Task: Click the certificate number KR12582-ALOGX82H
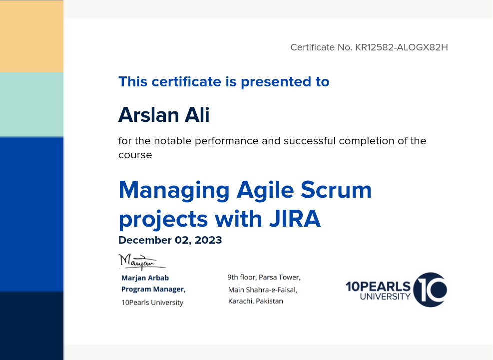click(x=402, y=47)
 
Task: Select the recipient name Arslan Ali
click(x=164, y=114)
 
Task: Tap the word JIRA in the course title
click(x=295, y=219)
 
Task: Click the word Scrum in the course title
click(x=336, y=190)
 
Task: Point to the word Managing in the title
click(x=174, y=191)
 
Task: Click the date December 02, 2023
click(x=170, y=240)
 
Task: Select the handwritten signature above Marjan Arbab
click(x=142, y=262)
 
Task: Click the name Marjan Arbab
click(x=145, y=278)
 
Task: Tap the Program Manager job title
click(x=153, y=289)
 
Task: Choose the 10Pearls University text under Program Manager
click(x=152, y=303)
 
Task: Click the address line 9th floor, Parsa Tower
click(x=264, y=277)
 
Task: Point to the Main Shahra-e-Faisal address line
click(x=263, y=290)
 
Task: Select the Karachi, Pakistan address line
click(x=256, y=301)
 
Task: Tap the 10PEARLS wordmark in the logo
click(x=378, y=287)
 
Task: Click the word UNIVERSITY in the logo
click(x=385, y=297)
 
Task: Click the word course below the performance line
click(x=135, y=155)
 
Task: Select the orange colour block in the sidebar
click(x=31, y=36)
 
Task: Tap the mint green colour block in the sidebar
click(x=31, y=105)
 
